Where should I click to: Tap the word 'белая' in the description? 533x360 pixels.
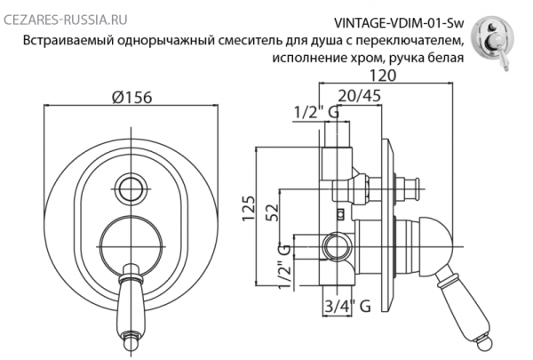[445, 60]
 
